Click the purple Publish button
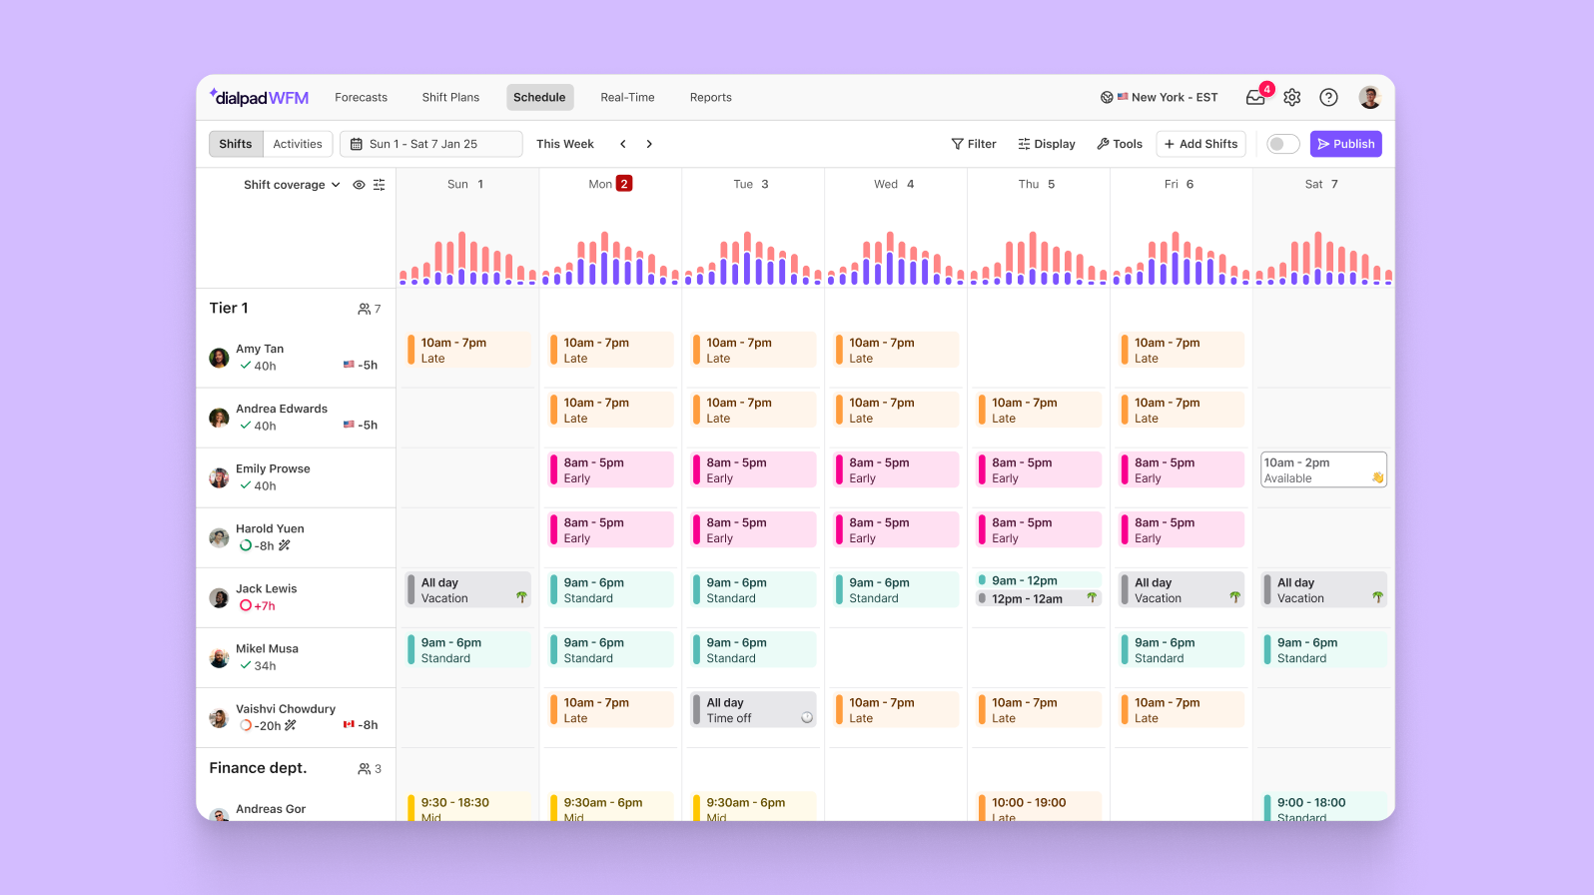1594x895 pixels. tap(1345, 144)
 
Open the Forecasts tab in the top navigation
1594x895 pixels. tap(361, 98)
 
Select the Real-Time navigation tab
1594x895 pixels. tap(627, 98)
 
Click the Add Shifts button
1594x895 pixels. tap(1200, 144)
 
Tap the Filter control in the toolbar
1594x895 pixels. tap(974, 144)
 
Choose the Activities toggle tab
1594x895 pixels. tap(298, 144)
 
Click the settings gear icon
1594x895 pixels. tap(1292, 98)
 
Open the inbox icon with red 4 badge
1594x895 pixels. tap(1255, 98)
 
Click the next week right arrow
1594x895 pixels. tap(649, 144)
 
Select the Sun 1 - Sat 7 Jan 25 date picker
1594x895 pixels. tap(430, 144)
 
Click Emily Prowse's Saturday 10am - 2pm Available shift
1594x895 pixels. tap(1323, 470)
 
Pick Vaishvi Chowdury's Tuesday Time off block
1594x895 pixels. tap(753, 710)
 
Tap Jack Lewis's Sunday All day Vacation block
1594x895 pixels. tap(467, 590)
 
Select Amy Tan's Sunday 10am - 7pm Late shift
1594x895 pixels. tap(467, 351)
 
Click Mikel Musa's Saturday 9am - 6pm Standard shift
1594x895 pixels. tap(1323, 650)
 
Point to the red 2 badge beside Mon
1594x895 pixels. tap(624, 184)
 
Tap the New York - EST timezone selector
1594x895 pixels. tap(1167, 98)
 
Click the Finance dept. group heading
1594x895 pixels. tap(258, 768)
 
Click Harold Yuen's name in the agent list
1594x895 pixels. tap(270, 529)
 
